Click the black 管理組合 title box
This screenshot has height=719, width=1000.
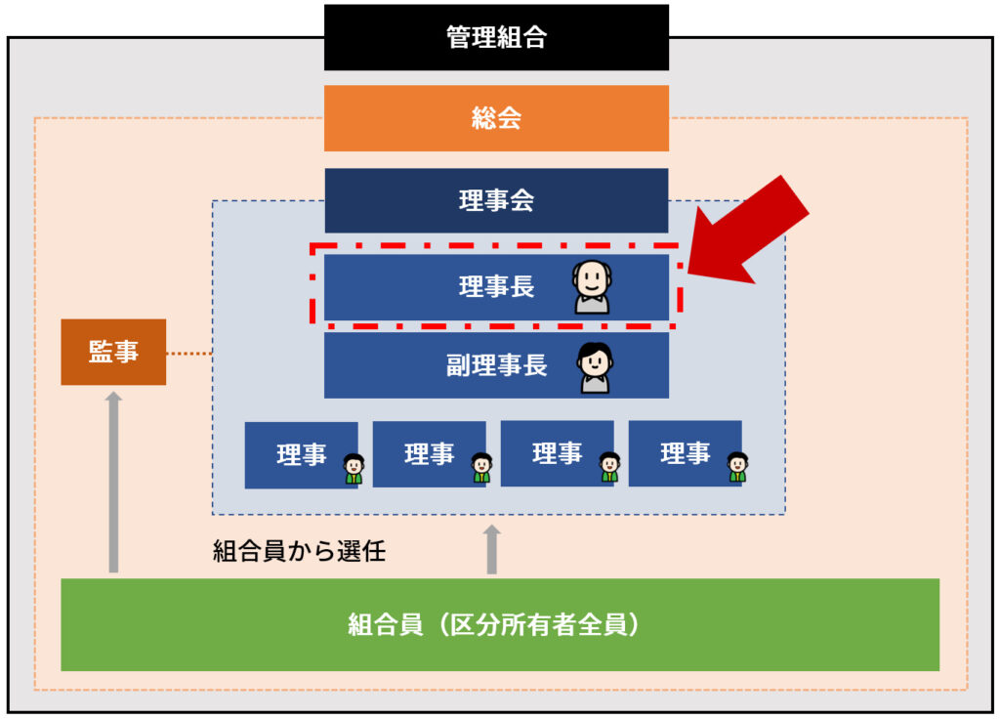point(496,38)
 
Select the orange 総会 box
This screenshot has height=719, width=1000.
point(496,118)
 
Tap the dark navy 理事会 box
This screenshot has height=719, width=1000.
point(496,200)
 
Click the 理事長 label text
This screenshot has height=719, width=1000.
point(496,287)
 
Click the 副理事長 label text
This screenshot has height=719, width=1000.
point(496,365)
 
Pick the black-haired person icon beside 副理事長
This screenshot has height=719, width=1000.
point(594,366)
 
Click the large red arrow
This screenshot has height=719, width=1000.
point(750,231)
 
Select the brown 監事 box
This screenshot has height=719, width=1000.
point(113,352)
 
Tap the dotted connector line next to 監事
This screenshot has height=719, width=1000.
point(189,352)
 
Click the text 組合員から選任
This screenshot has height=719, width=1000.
point(299,551)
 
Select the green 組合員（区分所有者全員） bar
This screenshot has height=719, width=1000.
point(499,624)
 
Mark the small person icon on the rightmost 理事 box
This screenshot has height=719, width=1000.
point(737,468)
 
